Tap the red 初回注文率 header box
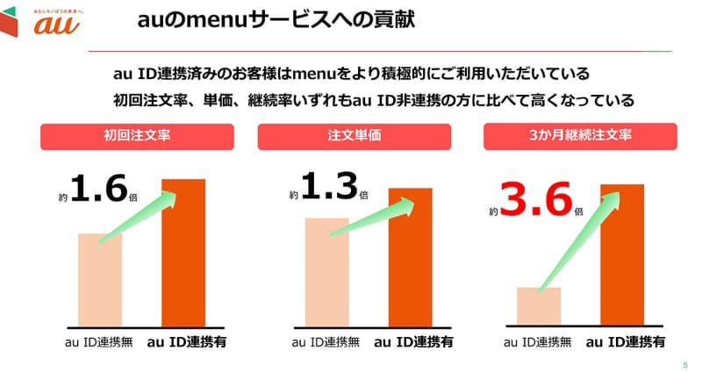(136, 136)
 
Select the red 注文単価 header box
(354, 136)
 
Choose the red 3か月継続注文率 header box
(580, 136)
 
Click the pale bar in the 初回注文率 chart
(99, 281)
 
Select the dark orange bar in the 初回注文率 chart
(183, 254)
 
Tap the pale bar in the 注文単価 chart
(326, 273)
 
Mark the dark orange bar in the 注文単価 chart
(411, 259)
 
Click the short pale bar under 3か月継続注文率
(538, 307)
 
